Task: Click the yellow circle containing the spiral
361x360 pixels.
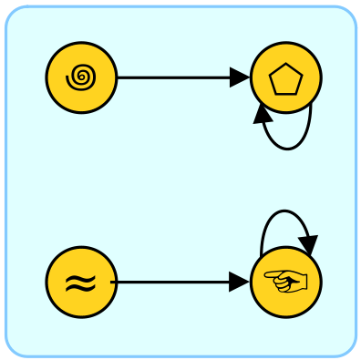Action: point(81,78)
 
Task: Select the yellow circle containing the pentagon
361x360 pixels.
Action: point(285,78)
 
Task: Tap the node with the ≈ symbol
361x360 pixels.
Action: point(81,283)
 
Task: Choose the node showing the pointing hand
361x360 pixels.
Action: point(285,283)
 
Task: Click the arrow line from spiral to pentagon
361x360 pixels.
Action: point(173,78)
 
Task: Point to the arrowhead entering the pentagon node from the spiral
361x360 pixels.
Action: point(240,78)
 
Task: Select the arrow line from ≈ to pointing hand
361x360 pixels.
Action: point(173,283)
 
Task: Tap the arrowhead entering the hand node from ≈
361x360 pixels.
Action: point(240,283)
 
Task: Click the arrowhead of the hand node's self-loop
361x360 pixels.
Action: point(309,247)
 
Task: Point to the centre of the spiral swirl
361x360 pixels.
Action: point(81,79)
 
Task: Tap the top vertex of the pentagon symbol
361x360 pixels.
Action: point(286,67)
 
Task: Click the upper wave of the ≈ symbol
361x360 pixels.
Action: point(81,277)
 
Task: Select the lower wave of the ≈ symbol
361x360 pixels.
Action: point(81,289)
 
